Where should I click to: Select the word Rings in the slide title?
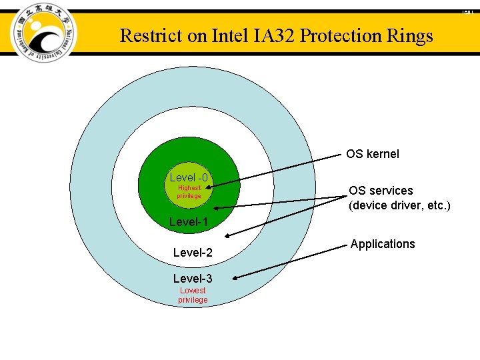(413, 36)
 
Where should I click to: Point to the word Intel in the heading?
(230, 36)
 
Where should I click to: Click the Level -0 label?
(189, 177)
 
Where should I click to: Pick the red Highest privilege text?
(189, 192)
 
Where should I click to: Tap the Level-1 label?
(189, 222)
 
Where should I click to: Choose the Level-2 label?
(193, 253)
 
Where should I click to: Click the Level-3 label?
(193, 278)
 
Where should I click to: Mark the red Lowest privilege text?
(193, 295)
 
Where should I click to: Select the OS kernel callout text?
(373, 154)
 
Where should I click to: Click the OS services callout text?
(381, 191)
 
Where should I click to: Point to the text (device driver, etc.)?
(399, 205)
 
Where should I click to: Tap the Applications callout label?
(383, 244)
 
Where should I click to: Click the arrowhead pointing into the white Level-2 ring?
(228, 235)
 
